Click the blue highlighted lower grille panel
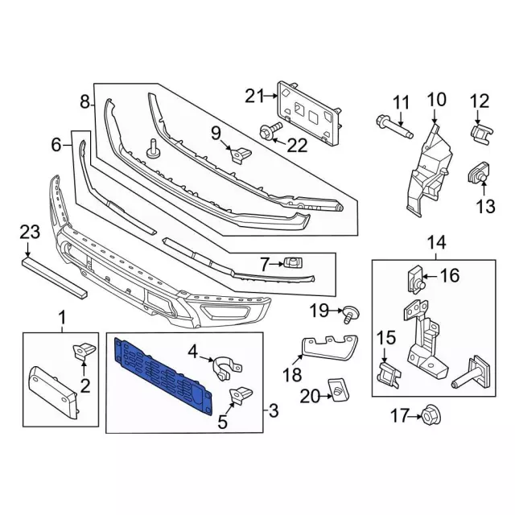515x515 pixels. click(x=163, y=375)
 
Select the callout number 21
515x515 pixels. click(x=254, y=97)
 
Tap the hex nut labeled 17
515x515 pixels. click(x=431, y=416)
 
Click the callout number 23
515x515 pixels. click(x=30, y=233)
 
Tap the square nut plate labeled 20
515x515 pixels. click(x=337, y=389)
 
